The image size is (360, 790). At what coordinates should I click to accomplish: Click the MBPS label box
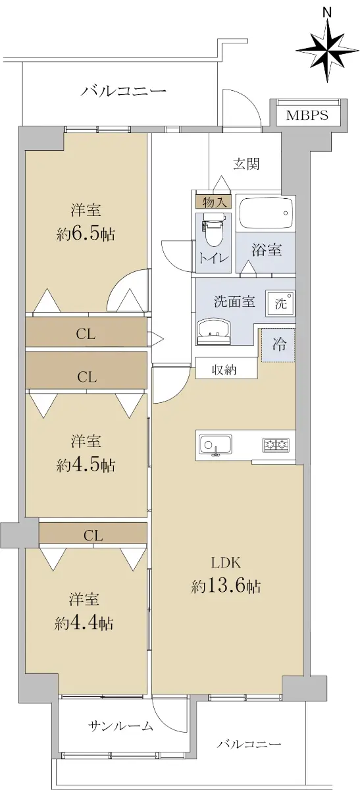pos(307,115)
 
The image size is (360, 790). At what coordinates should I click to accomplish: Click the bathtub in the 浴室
pos(266,213)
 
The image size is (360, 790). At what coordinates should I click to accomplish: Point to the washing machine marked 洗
pos(280,303)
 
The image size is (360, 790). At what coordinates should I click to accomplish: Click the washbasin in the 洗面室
pos(214,332)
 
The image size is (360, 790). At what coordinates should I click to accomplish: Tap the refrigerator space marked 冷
pos(278,344)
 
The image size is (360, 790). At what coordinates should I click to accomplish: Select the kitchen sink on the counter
pos(215,445)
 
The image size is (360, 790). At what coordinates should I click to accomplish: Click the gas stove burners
pos(275,445)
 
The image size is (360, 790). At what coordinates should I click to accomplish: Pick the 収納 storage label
pos(224,370)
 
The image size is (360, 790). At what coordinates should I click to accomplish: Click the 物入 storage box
pos(214,203)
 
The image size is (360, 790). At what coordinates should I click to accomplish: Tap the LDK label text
pos(226,563)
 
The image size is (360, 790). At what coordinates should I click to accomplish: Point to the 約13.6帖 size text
pos(226,587)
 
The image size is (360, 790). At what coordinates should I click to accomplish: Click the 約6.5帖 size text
pos(86,234)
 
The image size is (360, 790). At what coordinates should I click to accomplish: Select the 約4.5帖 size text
pos(86,465)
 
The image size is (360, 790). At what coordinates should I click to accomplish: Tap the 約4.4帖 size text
pos(84,623)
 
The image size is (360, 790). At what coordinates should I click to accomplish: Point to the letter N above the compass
pos(328,13)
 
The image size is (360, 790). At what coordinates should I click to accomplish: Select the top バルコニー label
pos(124,92)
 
